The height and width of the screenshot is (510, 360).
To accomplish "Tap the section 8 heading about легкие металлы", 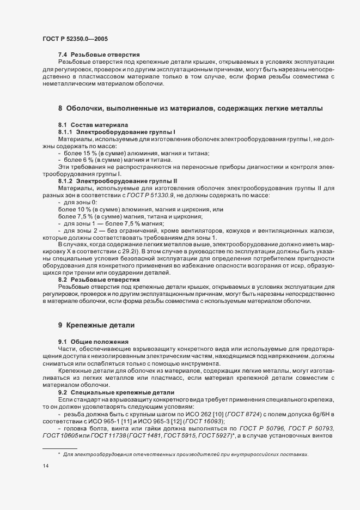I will (x=190, y=109).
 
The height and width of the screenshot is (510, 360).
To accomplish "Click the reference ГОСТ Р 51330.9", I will (x=155, y=195).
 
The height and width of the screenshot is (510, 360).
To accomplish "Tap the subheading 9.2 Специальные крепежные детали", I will (x=116, y=392).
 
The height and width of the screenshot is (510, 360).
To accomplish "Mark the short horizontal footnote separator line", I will (x=59, y=447).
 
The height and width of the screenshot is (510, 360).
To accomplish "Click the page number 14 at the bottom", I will (x=45, y=467).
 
